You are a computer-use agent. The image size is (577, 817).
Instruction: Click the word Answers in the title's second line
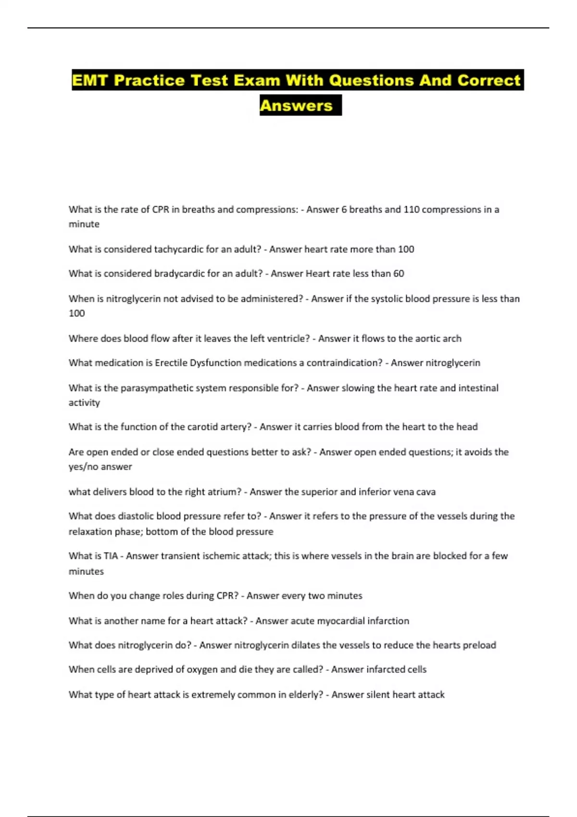pos(296,106)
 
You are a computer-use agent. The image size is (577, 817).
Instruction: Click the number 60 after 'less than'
pos(399,273)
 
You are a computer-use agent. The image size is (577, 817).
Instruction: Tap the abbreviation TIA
pos(111,556)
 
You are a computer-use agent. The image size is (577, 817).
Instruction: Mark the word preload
pos(479,645)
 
